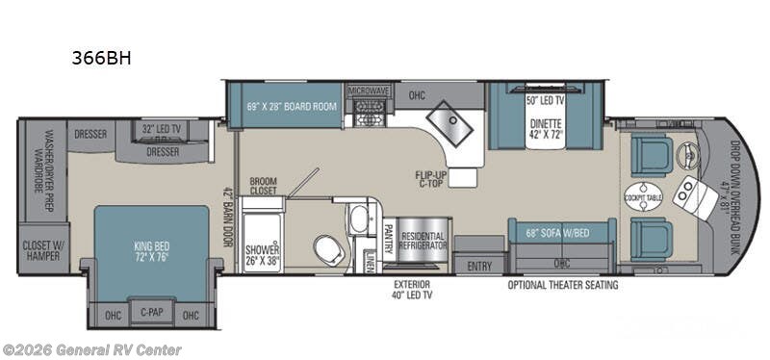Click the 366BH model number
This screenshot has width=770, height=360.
pos(101,57)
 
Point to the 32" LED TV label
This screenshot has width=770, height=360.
pos(162,128)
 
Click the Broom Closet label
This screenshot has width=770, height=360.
pos(263,186)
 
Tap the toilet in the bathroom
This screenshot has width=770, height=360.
pos(327,250)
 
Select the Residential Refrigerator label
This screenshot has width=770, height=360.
pos(423,241)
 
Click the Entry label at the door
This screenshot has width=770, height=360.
pos(479,266)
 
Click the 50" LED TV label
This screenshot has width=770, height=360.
pos(544,100)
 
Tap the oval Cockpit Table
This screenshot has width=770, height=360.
pos(643,193)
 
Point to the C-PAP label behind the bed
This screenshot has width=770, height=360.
pos(150,313)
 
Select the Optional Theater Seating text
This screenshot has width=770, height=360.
pos(563,285)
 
